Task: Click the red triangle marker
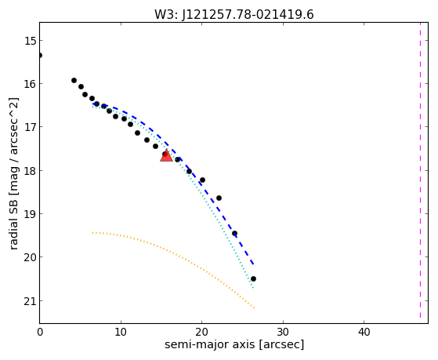pyautogui.click(x=166, y=156)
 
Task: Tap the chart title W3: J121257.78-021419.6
pyautogui.click(x=234, y=15)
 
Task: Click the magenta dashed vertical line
pyautogui.click(x=420, y=171)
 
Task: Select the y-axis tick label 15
pyautogui.click(x=31, y=41)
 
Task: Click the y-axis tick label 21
pyautogui.click(x=31, y=301)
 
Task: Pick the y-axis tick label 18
pyautogui.click(x=31, y=171)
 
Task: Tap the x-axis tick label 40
pyautogui.click(x=364, y=332)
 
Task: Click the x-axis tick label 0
pyautogui.click(x=40, y=332)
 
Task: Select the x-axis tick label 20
pyautogui.click(x=201, y=332)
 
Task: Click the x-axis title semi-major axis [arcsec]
pyautogui.click(x=234, y=344)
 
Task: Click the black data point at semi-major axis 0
pyautogui.click(x=40, y=56)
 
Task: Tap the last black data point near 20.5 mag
pyautogui.click(x=253, y=278)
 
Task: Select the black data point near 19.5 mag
pyautogui.click(x=234, y=233)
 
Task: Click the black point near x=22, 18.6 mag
pyautogui.click(x=219, y=198)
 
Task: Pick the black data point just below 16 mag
pyautogui.click(x=74, y=80)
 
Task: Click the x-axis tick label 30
pyautogui.click(x=283, y=332)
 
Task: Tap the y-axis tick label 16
pyautogui.click(x=31, y=84)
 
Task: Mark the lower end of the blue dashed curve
pyautogui.click(x=253, y=264)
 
